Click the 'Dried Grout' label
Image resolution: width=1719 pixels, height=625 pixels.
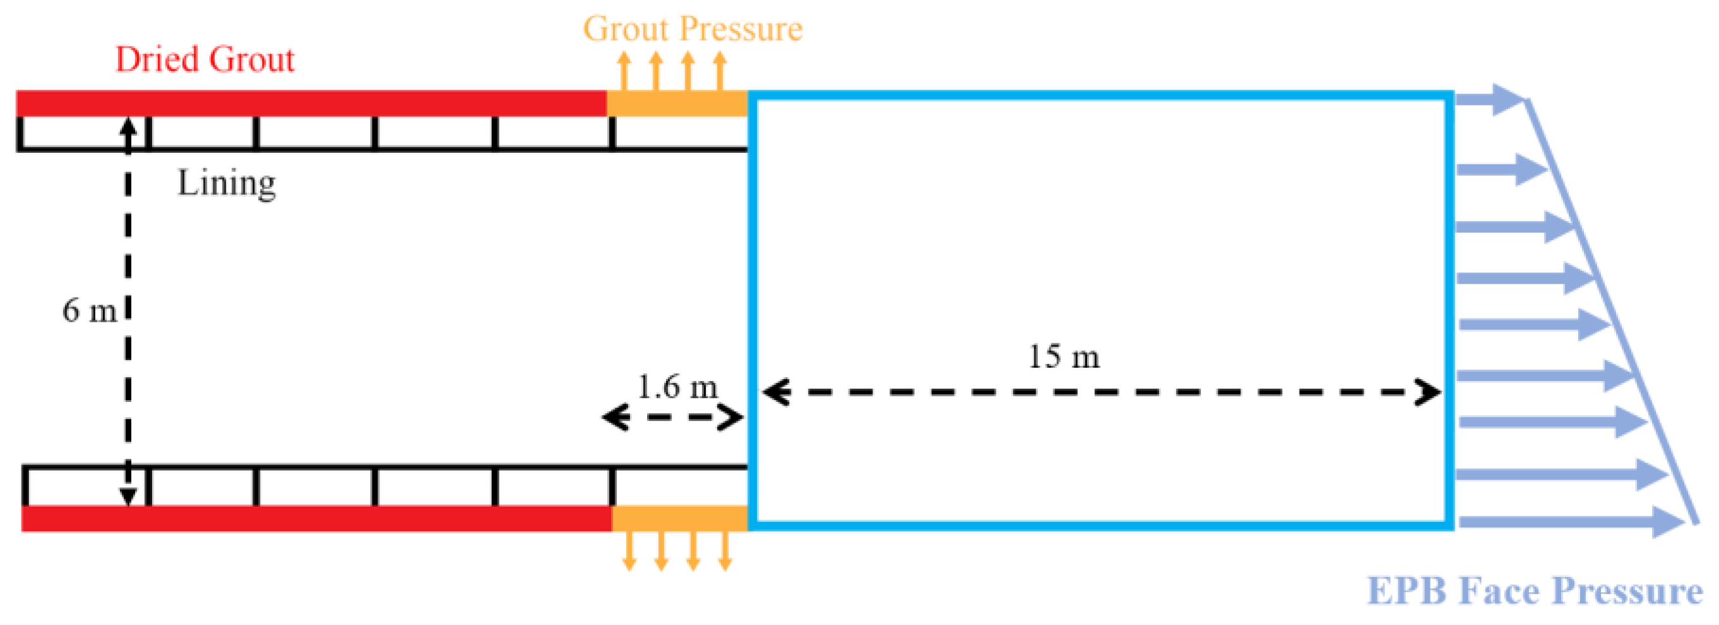pos(205,59)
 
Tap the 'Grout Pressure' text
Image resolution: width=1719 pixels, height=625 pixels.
pos(693,28)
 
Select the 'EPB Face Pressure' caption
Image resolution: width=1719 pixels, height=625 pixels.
pos(1535,591)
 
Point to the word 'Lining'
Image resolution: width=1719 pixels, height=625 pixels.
pos(226,183)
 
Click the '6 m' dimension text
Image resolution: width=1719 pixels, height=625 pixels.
pos(90,310)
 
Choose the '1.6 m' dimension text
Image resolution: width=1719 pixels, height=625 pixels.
pos(677,387)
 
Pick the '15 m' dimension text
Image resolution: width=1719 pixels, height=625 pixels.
pos(1064,356)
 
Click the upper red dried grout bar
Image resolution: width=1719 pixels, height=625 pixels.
pos(311,104)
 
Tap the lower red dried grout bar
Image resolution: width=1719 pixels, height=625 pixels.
pos(316,519)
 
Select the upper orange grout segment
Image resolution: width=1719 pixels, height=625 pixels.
pos(677,104)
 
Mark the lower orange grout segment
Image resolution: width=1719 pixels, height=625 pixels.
pos(679,519)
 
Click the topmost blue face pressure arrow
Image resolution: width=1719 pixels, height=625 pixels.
pos(1489,99)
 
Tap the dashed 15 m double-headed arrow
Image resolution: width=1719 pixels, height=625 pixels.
pos(1101,392)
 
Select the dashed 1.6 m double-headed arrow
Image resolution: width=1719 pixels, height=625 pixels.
pos(673,418)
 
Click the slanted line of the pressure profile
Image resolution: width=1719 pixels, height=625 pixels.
pos(1612,310)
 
